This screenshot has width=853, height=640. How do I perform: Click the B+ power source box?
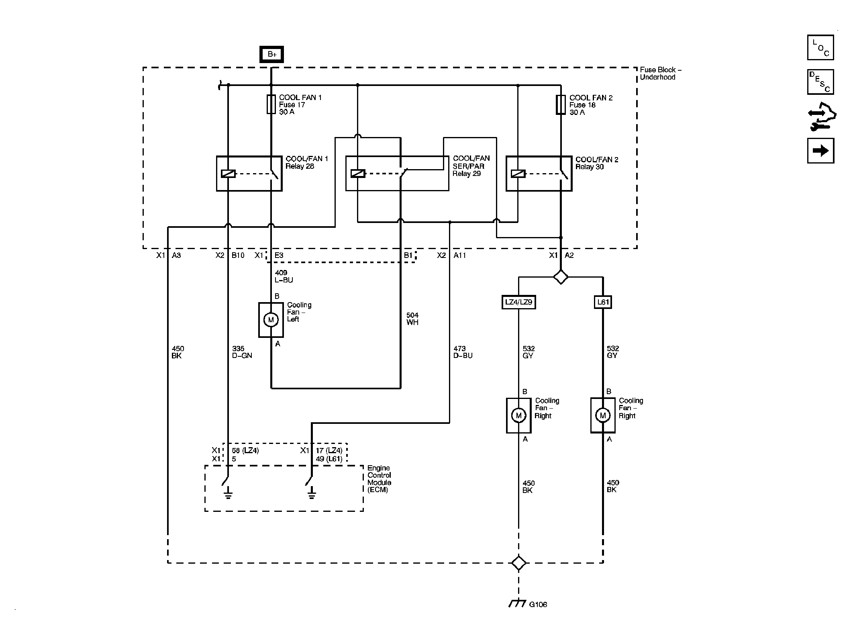point(271,54)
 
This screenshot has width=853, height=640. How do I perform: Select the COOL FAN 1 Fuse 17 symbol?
point(271,104)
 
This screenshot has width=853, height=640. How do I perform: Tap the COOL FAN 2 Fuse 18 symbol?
point(561,105)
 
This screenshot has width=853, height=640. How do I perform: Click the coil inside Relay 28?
point(228,174)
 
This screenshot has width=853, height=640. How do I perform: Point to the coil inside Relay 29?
point(357,174)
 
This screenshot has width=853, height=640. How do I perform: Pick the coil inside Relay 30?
point(518,174)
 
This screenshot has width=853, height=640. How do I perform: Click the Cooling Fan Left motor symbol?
point(271,320)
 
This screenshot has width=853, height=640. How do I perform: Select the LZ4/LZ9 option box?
point(518,302)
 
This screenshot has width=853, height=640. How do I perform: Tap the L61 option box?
point(603,302)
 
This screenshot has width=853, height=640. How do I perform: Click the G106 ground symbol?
point(518,603)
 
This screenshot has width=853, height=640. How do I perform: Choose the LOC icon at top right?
point(820,47)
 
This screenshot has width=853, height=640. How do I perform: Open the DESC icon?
point(820,82)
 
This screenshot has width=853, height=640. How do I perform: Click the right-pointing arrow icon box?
point(820,151)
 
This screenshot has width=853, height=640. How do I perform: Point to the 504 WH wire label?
point(412,319)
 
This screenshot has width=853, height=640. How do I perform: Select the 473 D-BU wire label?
point(463,352)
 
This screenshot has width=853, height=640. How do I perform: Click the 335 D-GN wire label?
point(242,352)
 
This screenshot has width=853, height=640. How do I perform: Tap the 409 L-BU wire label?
point(284,276)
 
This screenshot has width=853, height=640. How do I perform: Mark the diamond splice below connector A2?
point(561,277)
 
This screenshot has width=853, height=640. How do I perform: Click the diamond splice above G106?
point(518,563)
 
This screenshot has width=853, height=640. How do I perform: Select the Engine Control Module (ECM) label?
point(379,479)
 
